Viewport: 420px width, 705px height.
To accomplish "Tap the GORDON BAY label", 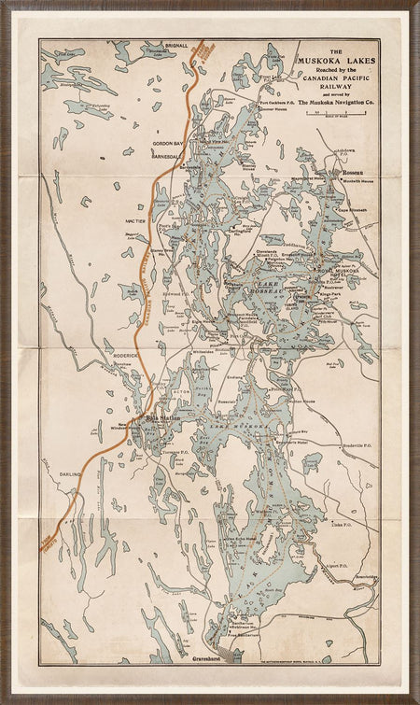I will [169, 144].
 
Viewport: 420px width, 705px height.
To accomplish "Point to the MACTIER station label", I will [138, 219].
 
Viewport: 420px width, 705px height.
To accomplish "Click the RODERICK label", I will [125, 355].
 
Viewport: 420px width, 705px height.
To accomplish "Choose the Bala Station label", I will [160, 421].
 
